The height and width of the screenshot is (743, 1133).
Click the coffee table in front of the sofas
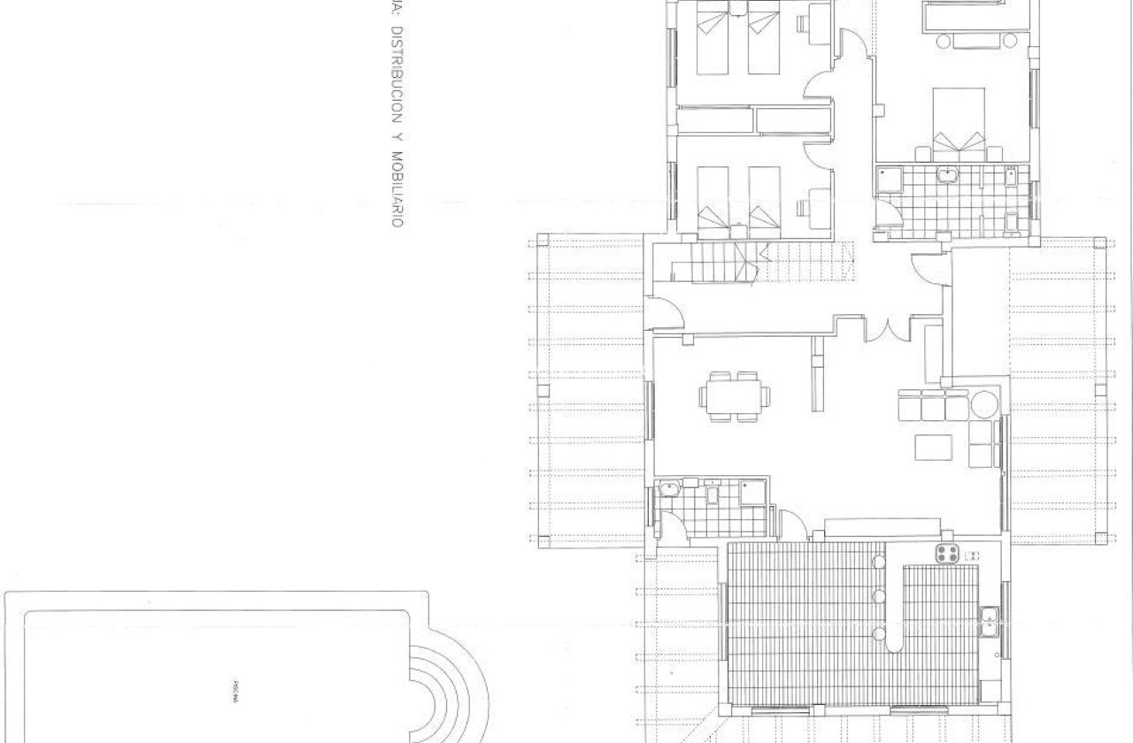pos(933,448)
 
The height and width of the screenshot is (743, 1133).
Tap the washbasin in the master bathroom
pos(948,174)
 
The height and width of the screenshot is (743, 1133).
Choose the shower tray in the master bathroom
pos(886,181)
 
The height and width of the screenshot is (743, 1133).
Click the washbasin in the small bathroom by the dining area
pos(668,489)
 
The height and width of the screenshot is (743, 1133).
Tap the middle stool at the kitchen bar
pos(877,596)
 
